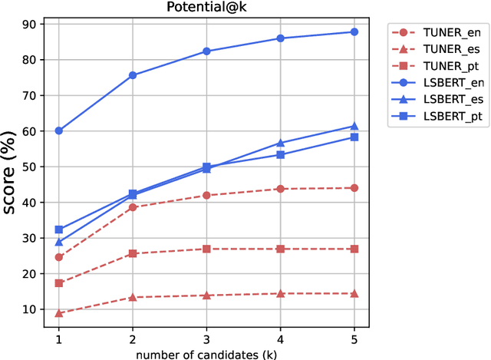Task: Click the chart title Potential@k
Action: pyautogui.click(x=206, y=8)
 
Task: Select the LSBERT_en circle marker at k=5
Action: pyautogui.click(x=354, y=31)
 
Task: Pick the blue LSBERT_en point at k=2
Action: pyautogui.click(x=133, y=75)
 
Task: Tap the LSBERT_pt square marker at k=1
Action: pyautogui.click(x=59, y=230)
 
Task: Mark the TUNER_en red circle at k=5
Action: pyautogui.click(x=354, y=188)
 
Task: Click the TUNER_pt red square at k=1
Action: pyautogui.click(x=59, y=283)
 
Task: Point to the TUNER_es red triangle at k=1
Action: pyautogui.click(x=59, y=313)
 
